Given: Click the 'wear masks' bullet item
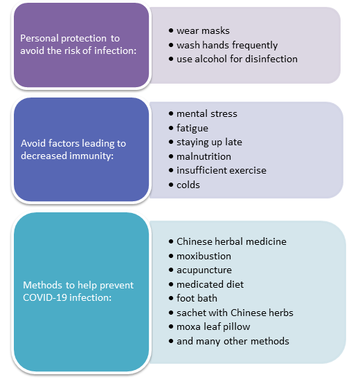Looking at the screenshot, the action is pos(203,31).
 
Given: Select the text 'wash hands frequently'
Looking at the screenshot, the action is pos(227,45).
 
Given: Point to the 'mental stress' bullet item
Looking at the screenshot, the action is pos(207,113).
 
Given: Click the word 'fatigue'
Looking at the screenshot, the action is pos(192,128).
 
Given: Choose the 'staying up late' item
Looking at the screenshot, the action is pos(209,142).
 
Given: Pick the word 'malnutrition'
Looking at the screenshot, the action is pos(204,156).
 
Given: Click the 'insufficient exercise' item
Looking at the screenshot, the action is pos(222,170).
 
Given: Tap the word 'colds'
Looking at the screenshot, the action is pos(188,185).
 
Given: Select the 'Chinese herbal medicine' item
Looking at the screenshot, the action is pos(231,241).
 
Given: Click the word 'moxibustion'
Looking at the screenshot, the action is pos(204,256).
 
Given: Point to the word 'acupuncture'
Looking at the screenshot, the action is pos(204,270).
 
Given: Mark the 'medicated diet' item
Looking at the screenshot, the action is pos(210,284).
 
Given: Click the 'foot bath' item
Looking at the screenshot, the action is pos(197,298).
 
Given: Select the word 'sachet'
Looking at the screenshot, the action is pos(191,313).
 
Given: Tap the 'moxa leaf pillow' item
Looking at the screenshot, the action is pos(213,327).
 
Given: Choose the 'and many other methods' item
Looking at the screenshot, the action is pos(233,341).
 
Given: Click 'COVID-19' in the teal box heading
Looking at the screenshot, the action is pos(45,297).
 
